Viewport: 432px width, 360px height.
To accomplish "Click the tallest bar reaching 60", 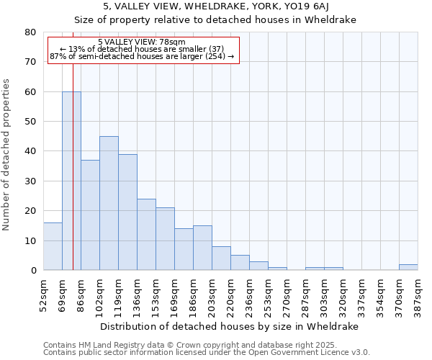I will pyautogui.click(x=71, y=181).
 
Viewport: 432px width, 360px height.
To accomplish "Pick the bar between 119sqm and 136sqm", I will pyautogui.click(x=127, y=212).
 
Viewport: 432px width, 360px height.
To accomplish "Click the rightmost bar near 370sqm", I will pyautogui.click(x=408, y=267).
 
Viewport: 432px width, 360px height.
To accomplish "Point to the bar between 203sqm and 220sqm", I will pyautogui.click(x=221, y=258).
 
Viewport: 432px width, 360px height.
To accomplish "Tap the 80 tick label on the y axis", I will pyautogui.click(x=30, y=32).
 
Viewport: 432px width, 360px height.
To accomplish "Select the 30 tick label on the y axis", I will pyautogui.click(x=30, y=181).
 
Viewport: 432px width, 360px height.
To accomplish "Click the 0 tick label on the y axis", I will pyautogui.click(x=32, y=271).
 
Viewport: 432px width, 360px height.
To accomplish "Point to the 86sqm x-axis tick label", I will pyautogui.click(x=81, y=294).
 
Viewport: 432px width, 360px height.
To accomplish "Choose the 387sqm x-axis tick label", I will pyautogui.click(x=418, y=294).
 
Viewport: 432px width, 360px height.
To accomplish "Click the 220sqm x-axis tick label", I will pyautogui.click(x=230, y=294).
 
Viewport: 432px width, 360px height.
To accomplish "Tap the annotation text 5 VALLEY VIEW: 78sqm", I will pyautogui.click(x=142, y=42).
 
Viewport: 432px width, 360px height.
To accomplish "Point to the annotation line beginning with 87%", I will pyautogui.click(x=142, y=56).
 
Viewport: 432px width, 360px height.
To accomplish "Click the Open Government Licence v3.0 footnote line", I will pyautogui.click(x=207, y=353).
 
